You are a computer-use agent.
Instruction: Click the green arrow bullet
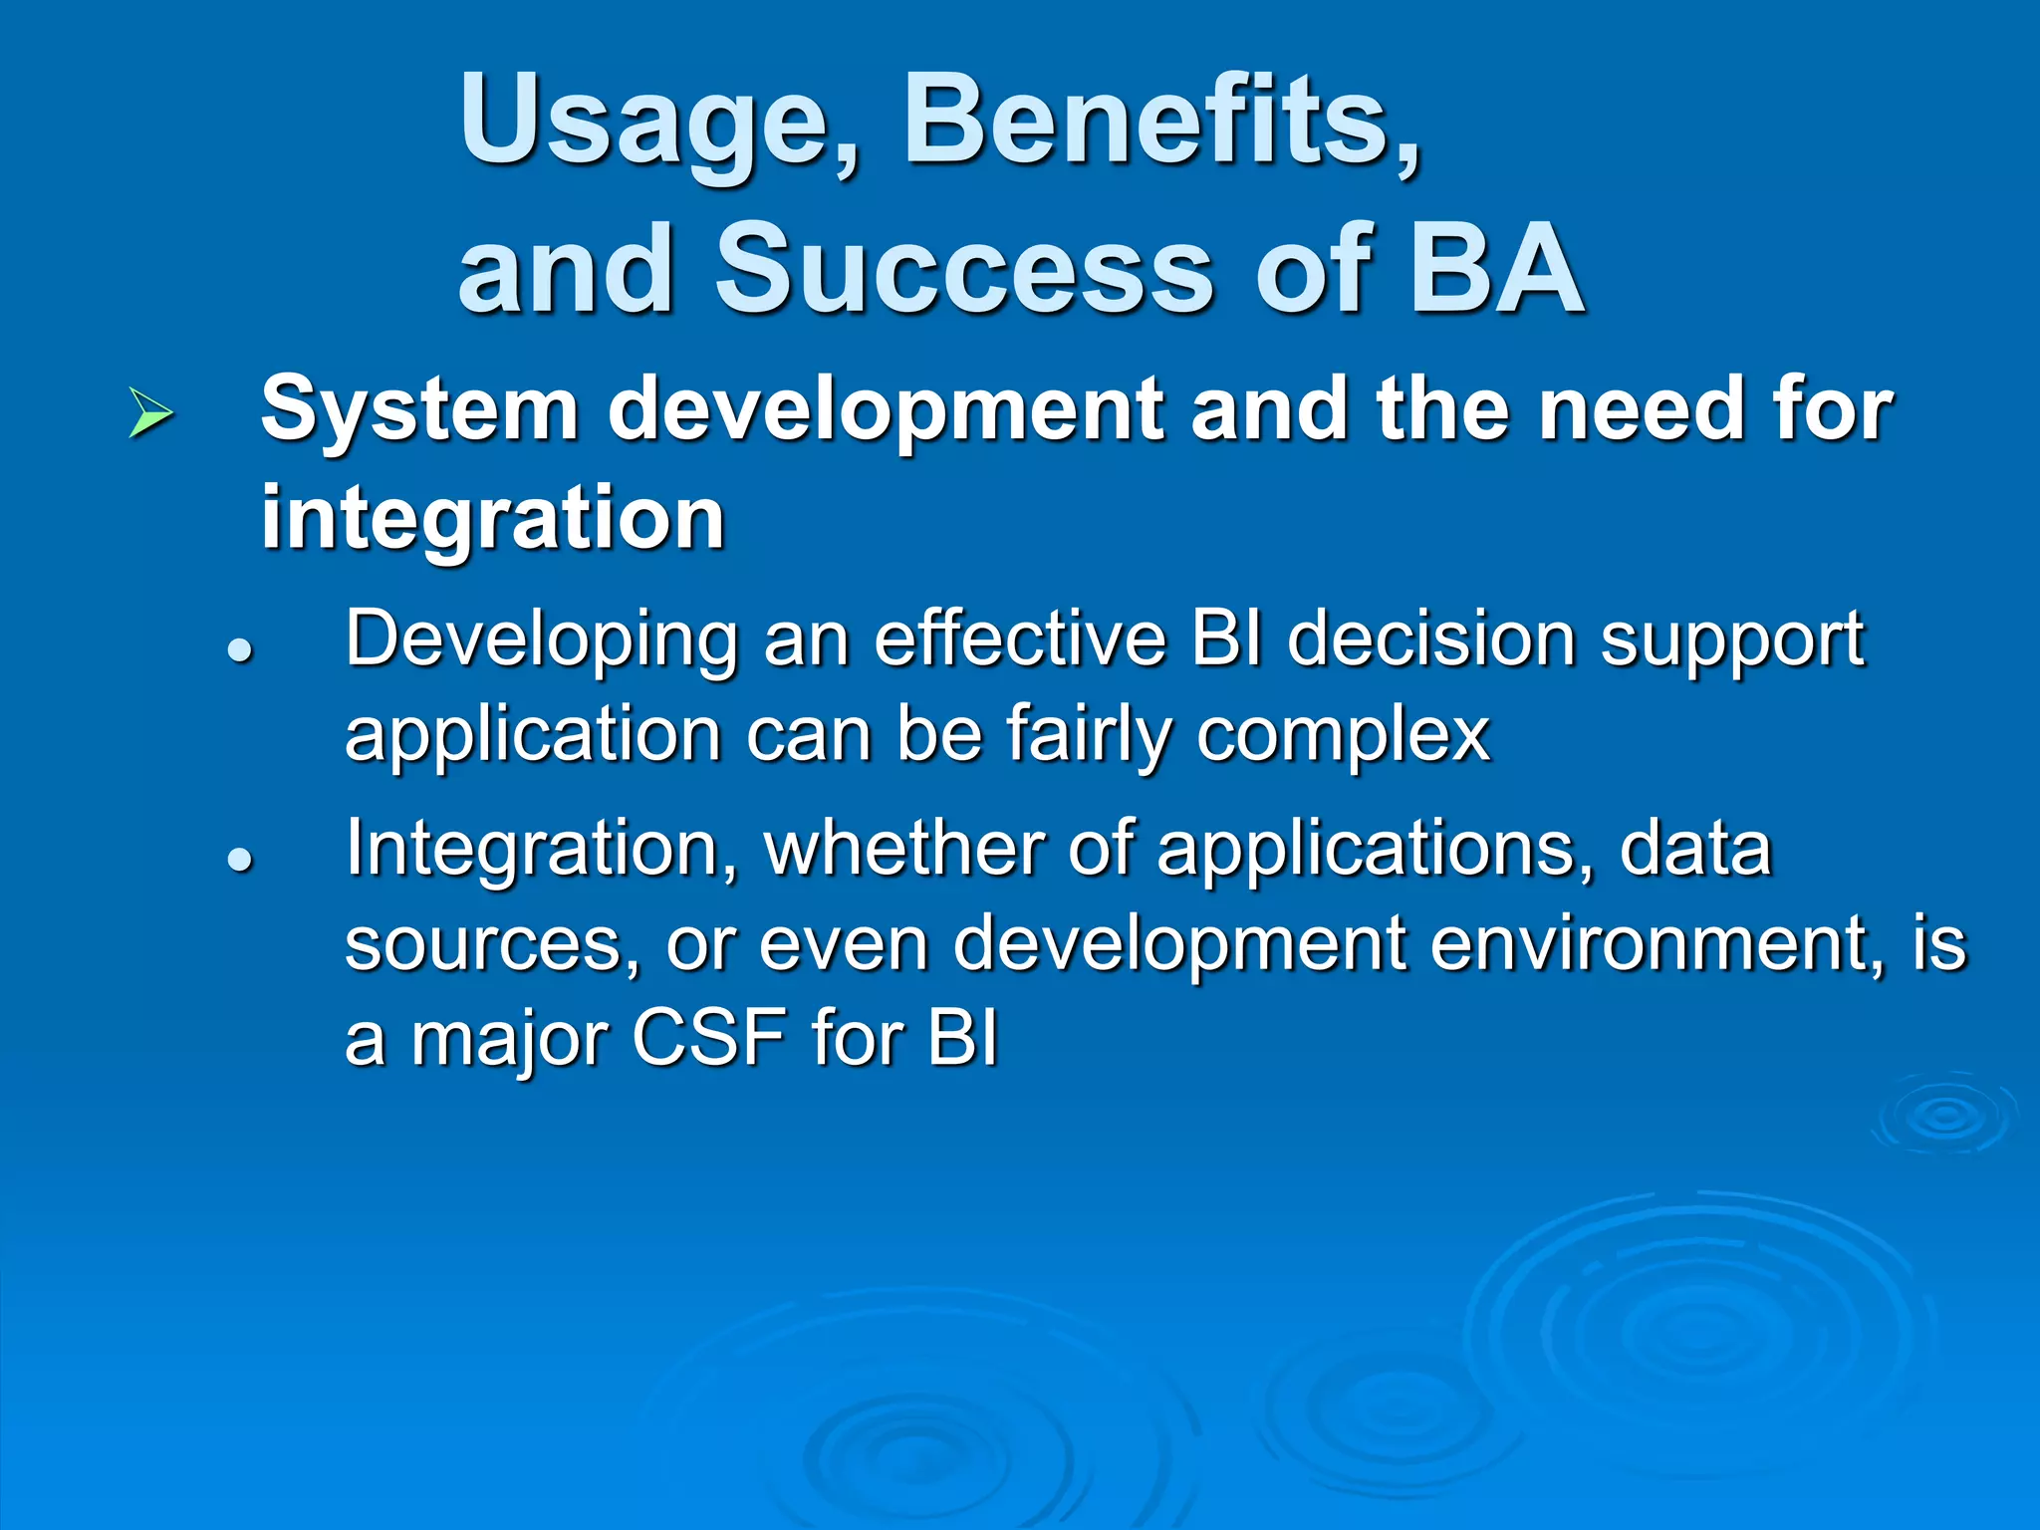coord(150,414)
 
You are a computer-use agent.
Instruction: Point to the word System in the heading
coord(419,410)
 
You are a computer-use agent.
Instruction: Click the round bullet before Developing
coord(240,650)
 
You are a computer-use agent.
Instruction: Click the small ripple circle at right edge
coord(1943,1115)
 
